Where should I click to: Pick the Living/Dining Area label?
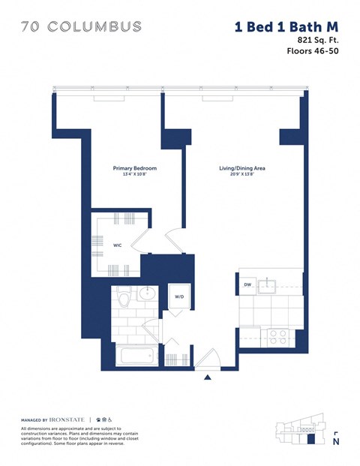click(x=237, y=168)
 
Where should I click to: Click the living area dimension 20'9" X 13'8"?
click(x=237, y=175)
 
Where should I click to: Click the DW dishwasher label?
click(x=247, y=285)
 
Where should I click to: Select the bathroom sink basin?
click(x=148, y=293)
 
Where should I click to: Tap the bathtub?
click(x=134, y=355)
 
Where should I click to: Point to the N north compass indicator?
click(x=335, y=440)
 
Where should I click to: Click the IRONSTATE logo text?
click(x=68, y=418)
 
